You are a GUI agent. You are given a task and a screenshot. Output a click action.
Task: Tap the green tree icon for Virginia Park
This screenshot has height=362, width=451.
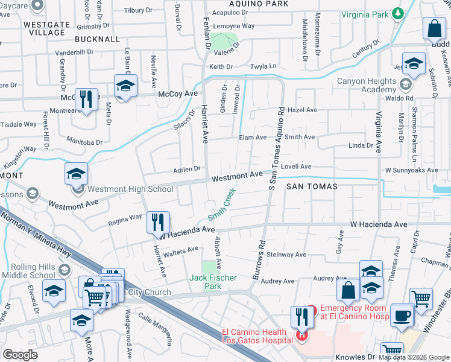[397, 13]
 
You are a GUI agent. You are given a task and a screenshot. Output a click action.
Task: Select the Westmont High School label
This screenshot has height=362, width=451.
[130, 189]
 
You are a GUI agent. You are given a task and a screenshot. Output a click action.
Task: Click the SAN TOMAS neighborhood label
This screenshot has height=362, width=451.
[312, 186]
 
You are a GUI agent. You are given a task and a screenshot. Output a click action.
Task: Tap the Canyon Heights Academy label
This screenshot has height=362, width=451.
[367, 85]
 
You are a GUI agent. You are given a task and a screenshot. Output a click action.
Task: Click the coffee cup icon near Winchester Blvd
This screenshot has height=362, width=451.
[402, 315]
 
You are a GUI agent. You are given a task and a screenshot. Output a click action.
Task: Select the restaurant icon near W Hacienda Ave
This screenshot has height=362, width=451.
[159, 223]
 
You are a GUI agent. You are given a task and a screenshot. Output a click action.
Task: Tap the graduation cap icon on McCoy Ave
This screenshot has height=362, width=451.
[125, 86]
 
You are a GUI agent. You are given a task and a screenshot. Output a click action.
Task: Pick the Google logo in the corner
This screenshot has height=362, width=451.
[20, 355]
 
